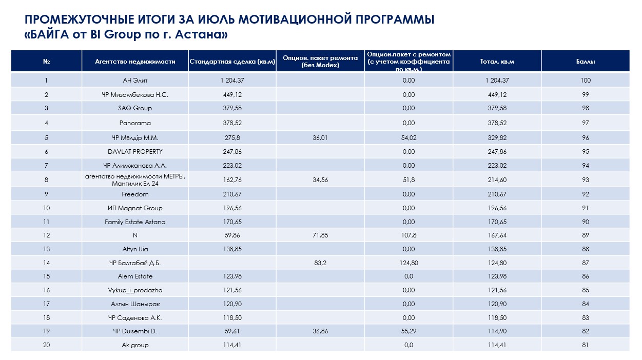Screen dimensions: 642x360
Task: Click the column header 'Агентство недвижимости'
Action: click(135, 62)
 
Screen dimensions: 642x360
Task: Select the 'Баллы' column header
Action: click(586, 62)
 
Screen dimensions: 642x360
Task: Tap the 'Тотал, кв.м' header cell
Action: click(497, 62)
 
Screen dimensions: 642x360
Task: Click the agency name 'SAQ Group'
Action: click(135, 108)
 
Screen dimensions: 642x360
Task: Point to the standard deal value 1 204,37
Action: click(232, 81)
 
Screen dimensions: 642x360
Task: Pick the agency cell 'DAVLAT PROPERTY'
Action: click(135, 152)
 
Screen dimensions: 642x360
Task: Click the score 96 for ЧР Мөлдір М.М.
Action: click(586, 138)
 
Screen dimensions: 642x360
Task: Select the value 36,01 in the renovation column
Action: click(320, 138)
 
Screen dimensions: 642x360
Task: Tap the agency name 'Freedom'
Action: click(135, 194)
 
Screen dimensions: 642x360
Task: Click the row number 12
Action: click(46, 235)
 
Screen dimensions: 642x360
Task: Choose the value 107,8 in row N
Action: click(408, 235)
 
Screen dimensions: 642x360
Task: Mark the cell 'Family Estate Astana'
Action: click(135, 222)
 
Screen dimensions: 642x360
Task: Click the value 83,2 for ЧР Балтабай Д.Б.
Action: click(320, 263)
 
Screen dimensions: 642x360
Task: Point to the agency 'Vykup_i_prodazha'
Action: click(135, 290)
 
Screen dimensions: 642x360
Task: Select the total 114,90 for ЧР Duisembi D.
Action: click(497, 331)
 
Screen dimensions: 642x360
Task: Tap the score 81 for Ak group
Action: click(586, 345)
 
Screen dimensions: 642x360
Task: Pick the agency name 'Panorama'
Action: click(135, 123)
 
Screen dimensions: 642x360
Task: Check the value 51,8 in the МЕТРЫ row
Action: click(408, 180)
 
